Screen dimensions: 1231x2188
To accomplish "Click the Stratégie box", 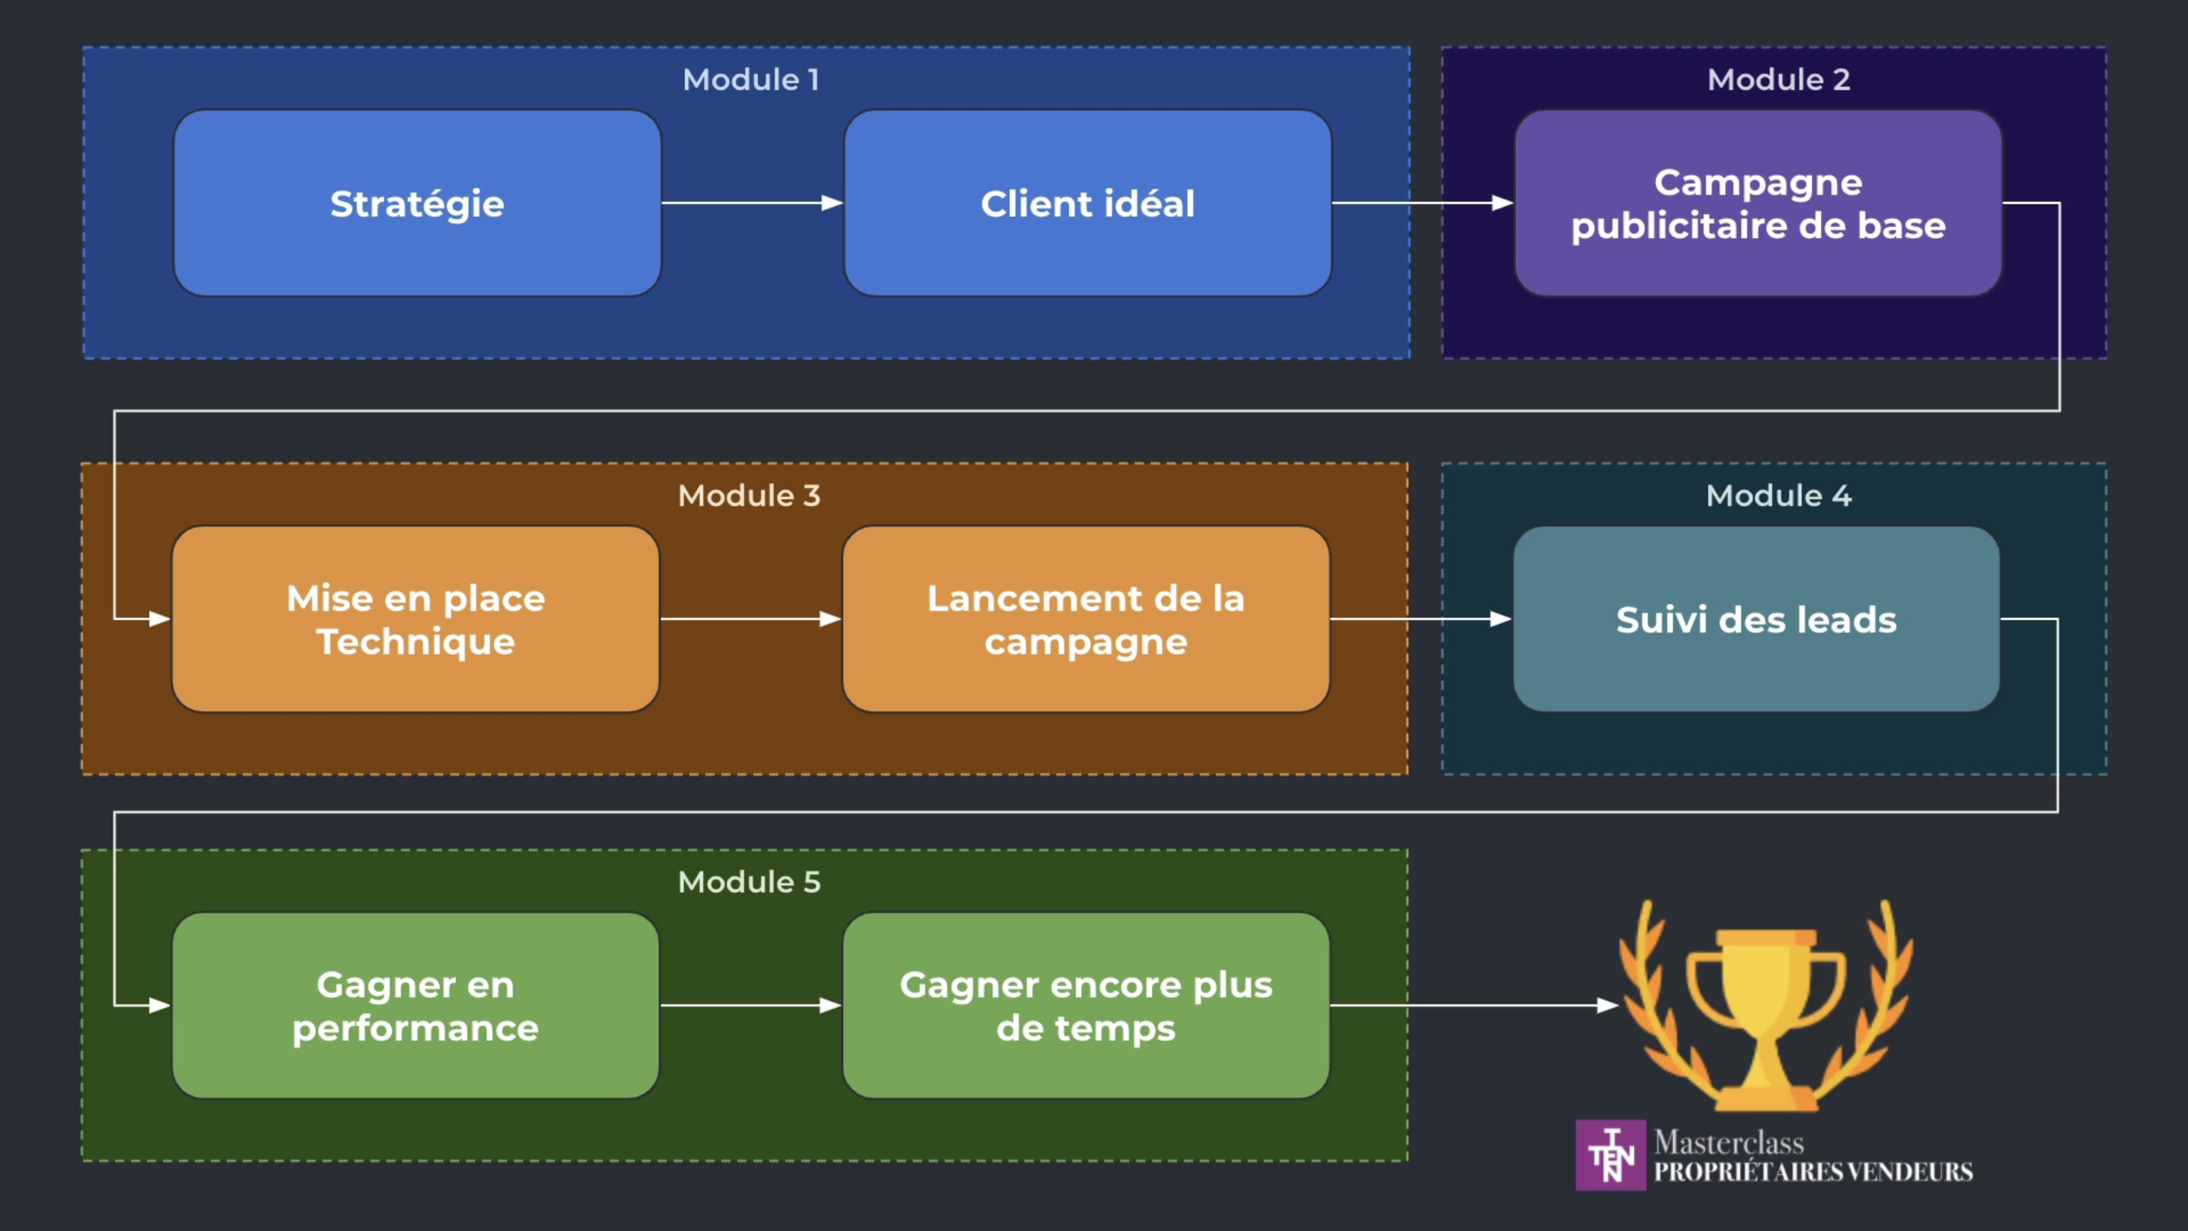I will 417,203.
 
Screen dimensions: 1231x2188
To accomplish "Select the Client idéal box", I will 1087,203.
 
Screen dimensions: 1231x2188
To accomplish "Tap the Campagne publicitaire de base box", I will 1757,203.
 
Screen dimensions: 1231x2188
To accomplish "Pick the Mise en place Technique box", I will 415,619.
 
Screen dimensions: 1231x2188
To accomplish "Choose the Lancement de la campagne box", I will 1086,619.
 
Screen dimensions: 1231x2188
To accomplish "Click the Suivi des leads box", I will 1756,619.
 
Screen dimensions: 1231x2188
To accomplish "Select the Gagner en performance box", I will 415,1006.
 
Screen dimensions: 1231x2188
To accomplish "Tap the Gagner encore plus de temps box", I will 1086,1006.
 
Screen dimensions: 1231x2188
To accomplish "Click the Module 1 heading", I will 751,80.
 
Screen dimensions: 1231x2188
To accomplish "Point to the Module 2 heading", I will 1779,80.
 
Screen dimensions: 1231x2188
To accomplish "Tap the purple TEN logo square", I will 1610,1155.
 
